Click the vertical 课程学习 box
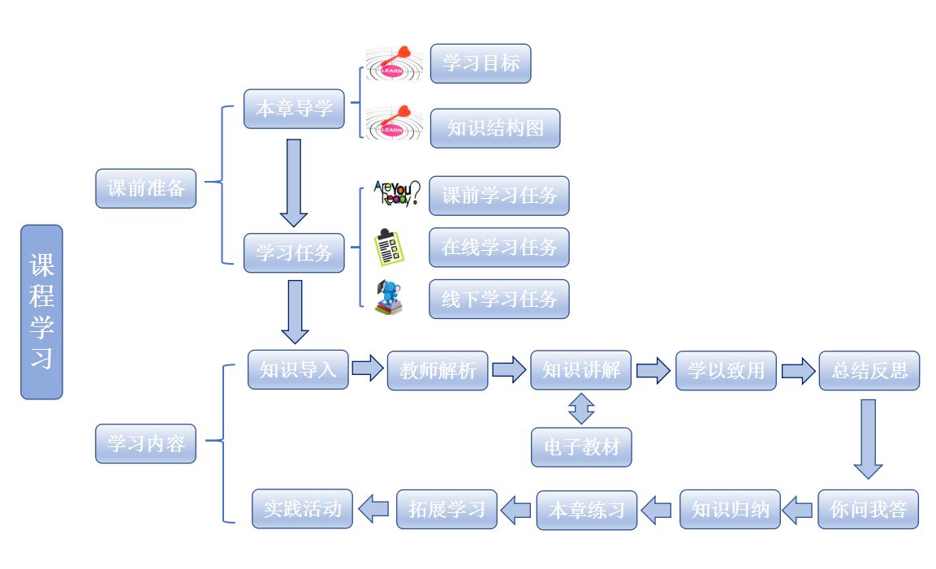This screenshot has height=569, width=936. point(41,312)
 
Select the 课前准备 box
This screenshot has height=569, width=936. point(146,188)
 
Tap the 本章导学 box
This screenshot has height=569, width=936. point(294,109)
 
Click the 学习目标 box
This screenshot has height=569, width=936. point(481,63)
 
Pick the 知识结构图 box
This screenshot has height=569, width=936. point(495,128)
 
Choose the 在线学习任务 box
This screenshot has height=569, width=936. point(499,248)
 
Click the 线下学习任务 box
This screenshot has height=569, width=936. point(499,300)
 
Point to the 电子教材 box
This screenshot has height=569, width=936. point(581,447)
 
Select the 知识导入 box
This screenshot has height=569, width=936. point(298,370)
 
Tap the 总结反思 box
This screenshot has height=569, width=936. point(869,371)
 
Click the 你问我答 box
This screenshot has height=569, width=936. point(868,510)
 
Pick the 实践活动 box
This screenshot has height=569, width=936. point(303,509)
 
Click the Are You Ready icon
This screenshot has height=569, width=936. point(396,194)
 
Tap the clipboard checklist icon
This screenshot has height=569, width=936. point(389,248)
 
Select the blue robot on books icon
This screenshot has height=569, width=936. point(390,298)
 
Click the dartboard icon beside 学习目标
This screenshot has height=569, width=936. point(394,63)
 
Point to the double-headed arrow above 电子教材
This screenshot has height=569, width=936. point(581,409)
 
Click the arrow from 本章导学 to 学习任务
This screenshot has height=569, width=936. point(294,183)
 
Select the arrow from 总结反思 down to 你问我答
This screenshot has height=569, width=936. point(868,438)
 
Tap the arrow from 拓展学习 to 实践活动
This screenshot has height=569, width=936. point(373,509)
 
